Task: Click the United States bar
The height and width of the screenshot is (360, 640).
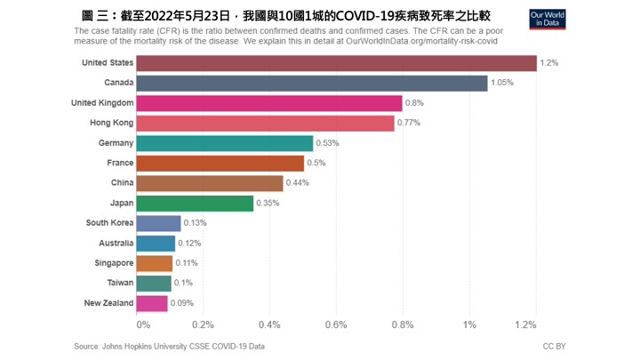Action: [337, 63]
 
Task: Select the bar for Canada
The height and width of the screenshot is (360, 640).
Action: [312, 83]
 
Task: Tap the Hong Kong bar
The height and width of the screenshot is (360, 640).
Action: [266, 123]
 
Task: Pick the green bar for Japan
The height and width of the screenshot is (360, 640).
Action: [195, 203]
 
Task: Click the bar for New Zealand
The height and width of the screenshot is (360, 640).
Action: [152, 303]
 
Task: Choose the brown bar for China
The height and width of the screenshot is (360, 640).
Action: [210, 183]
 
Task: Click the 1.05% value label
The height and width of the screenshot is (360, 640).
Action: [503, 83]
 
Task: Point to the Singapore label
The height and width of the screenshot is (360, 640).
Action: [114, 263]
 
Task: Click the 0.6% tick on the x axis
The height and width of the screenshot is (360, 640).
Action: [336, 324]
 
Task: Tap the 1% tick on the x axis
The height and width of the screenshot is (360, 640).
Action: [469, 324]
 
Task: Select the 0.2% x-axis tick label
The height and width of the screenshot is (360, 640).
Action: [203, 324]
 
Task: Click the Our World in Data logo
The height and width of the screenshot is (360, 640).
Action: [548, 20]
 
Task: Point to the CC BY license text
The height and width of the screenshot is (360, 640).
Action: [554, 346]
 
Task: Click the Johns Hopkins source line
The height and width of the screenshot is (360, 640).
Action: [169, 346]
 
